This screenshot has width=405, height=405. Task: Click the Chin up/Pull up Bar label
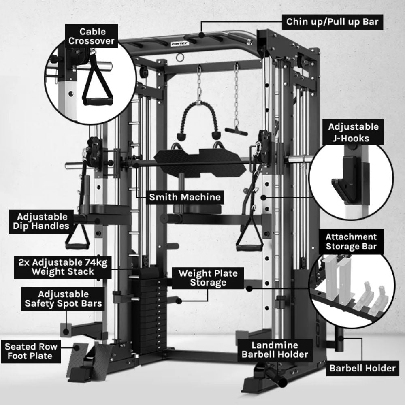tap(333, 21)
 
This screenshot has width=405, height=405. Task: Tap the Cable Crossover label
tap(93, 36)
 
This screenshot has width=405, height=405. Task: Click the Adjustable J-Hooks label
tap(354, 132)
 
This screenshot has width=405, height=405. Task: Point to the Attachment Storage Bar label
tap(351, 242)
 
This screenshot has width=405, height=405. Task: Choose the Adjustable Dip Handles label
tap(43, 221)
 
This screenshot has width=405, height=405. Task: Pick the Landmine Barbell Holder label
tap(275, 350)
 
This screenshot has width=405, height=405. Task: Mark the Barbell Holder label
tap(362, 368)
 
